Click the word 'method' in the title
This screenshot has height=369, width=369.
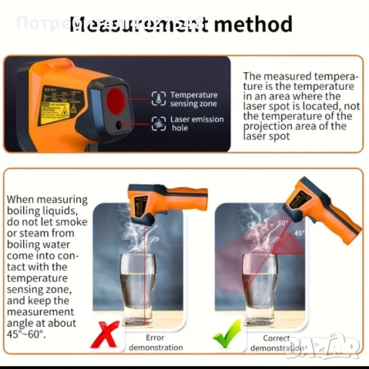(x=253, y=24)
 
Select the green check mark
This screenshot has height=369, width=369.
(x=229, y=334)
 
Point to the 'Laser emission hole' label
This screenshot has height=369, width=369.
(x=197, y=124)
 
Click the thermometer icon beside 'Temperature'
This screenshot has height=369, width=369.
(x=158, y=98)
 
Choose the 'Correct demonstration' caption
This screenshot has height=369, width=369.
(x=277, y=342)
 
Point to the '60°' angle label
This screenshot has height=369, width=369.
(x=282, y=223)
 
